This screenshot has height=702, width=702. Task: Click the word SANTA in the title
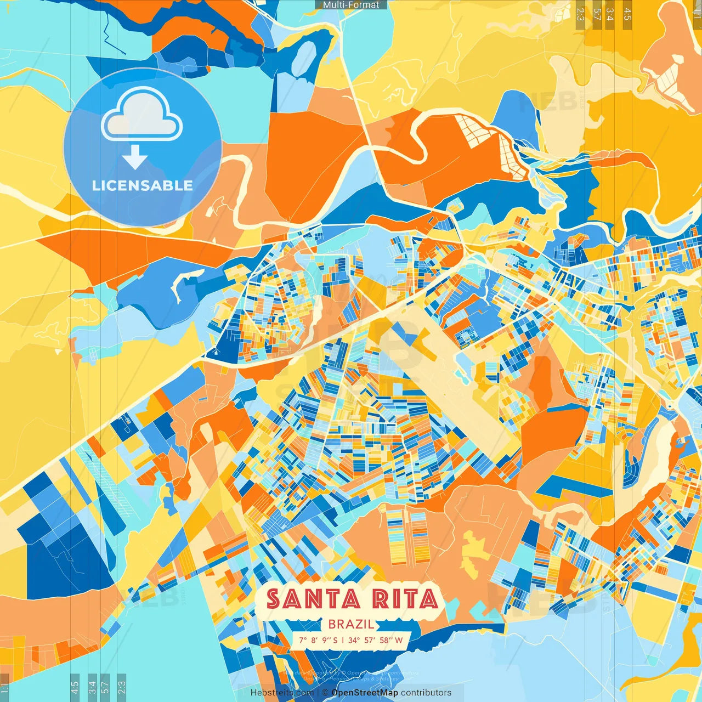tap(313, 599)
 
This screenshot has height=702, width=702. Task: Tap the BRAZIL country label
tap(352, 624)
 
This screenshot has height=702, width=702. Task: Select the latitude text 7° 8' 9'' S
tap(319, 640)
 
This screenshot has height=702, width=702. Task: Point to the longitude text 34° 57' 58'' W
tap(376, 640)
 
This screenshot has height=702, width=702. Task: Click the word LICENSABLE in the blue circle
tap(143, 185)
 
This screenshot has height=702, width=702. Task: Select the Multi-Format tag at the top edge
tap(351, 5)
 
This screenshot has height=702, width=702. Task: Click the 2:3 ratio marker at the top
tap(580, 14)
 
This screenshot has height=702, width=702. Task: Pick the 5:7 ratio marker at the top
tap(597, 14)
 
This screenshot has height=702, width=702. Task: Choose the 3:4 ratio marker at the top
tap(610, 14)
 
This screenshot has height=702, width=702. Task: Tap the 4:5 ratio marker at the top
tap(627, 14)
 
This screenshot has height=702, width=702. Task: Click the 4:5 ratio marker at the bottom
tap(75, 687)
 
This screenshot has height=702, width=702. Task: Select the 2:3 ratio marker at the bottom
tap(122, 687)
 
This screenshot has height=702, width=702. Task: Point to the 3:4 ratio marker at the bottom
tap(92, 687)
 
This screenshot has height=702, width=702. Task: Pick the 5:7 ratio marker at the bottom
tap(105, 687)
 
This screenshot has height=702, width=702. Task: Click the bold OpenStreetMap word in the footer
tap(365, 693)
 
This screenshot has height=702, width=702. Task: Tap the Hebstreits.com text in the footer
tap(282, 693)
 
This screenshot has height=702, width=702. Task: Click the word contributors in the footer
tap(426, 693)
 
